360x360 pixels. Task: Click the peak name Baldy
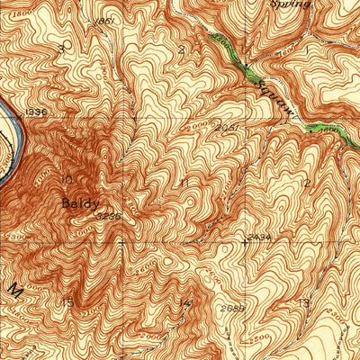click(x=79, y=203)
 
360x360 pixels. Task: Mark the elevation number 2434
click(x=258, y=236)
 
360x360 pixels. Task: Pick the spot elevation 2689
click(x=231, y=309)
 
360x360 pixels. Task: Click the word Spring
click(x=290, y=4)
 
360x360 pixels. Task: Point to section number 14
click(x=185, y=301)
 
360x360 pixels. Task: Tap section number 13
click(x=303, y=301)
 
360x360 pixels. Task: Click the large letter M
click(x=14, y=290)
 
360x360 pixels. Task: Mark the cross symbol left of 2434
click(x=243, y=241)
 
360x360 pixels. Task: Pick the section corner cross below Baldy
click(x=121, y=241)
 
